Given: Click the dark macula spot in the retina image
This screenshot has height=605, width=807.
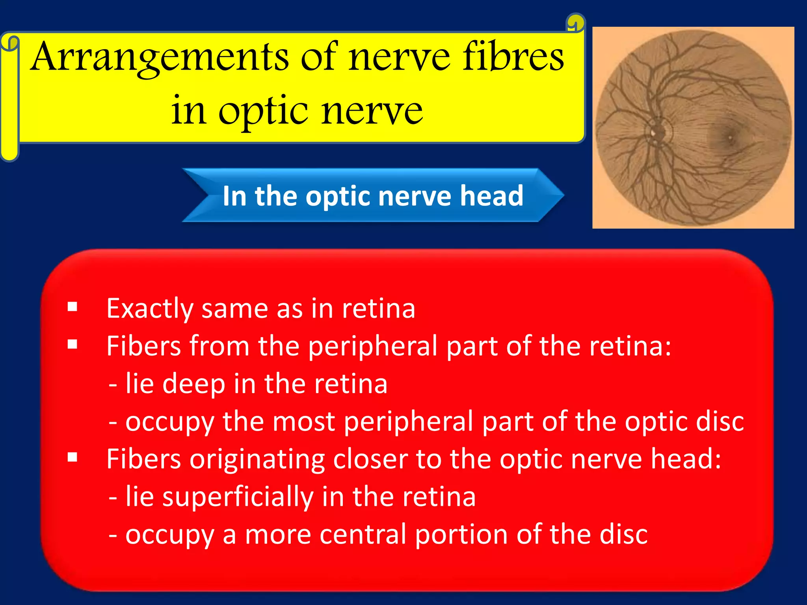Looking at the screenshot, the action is [729, 137].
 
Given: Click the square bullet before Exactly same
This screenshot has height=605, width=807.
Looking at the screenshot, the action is [73, 307].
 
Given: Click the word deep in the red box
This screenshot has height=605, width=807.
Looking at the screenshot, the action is [193, 384].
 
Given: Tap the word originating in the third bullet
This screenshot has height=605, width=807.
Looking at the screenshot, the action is [257, 459].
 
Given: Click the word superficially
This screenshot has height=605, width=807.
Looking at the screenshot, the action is [237, 497].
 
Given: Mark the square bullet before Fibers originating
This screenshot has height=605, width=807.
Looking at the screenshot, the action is [73, 458].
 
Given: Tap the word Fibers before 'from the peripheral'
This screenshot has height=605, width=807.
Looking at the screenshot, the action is [143, 346].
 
